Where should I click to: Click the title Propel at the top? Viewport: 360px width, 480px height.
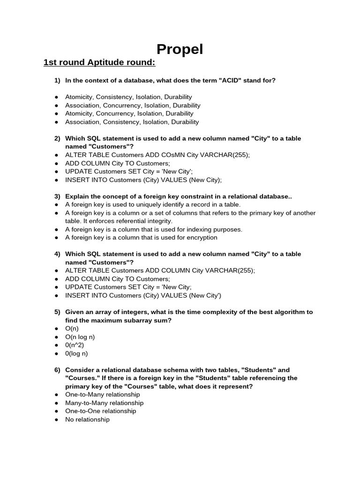tap(180, 49)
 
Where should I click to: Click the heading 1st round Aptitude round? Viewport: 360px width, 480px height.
tap(99, 63)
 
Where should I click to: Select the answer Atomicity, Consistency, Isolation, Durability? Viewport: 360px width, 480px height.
tap(129, 97)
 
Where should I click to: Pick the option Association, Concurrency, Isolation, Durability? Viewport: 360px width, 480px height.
tap(133, 105)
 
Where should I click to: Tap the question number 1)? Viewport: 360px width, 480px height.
tap(57, 81)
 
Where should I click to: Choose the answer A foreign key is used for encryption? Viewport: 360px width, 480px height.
tap(141, 238)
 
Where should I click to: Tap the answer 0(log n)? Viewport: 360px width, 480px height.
tap(76, 353)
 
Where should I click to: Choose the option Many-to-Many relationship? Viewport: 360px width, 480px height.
tap(104, 403)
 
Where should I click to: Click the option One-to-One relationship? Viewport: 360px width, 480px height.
tap(100, 411)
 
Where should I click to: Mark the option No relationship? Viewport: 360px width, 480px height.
tap(87, 420)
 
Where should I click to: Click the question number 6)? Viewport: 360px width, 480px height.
tap(57, 370)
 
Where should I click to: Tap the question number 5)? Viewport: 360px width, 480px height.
tap(57, 312)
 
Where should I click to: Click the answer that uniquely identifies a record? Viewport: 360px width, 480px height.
tap(153, 204)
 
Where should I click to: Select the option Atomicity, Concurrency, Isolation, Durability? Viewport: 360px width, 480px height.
tap(129, 113)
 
